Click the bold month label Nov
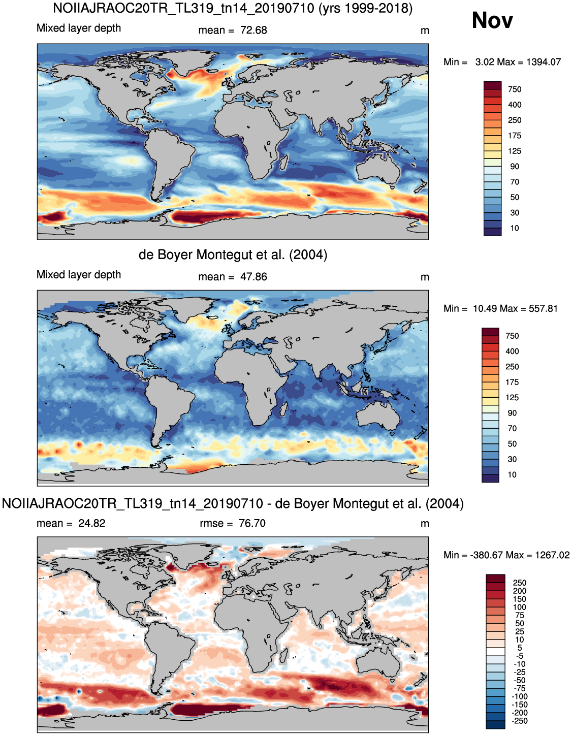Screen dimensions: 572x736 click(x=492, y=21)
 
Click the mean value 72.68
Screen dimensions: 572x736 click(x=253, y=30)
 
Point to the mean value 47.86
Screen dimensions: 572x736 click(x=253, y=277)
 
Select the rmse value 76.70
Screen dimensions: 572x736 click(x=252, y=523)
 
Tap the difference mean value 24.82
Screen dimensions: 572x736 click(x=92, y=523)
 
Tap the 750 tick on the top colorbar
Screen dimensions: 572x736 click(x=515, y=89)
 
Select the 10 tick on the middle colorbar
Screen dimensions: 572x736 click(x=512, y=475)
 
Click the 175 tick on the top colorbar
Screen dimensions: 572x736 click(x=515, y=136)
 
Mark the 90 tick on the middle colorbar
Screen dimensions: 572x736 click(x=512, y=413)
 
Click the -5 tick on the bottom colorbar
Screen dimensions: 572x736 click(x=519, y=656)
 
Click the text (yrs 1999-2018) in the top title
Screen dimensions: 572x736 click(x=365, y=8)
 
